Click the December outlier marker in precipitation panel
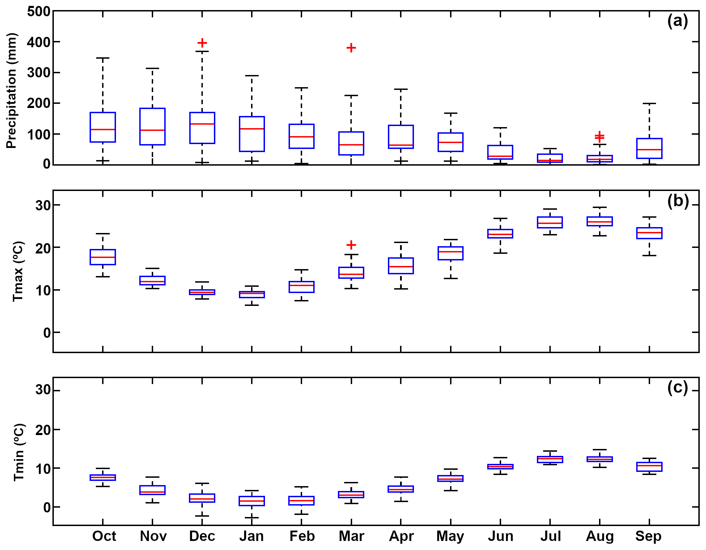tap(202, 43)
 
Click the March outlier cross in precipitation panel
tap(351, 48)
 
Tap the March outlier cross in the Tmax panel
tap(351, 245)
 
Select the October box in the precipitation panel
tap(103, 127)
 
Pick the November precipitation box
tap(152, 126)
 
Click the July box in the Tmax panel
tap(550, 222)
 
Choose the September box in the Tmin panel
tap(649, 467)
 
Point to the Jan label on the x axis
tap(251, 536)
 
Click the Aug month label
tap(600, 536)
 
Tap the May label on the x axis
tap(450, 536)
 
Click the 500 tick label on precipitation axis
tap(39, 11)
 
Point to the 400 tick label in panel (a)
tap(39, 42)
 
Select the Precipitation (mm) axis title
tap(11, 91)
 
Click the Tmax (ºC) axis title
tap(18, 272)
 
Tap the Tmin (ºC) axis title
tap(19, 452)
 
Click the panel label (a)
tap(678, 21)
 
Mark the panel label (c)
tap(678, 387)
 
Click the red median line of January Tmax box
tap(252, 293)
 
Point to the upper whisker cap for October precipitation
tap(103, 58)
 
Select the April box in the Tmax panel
tap(401, 266)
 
